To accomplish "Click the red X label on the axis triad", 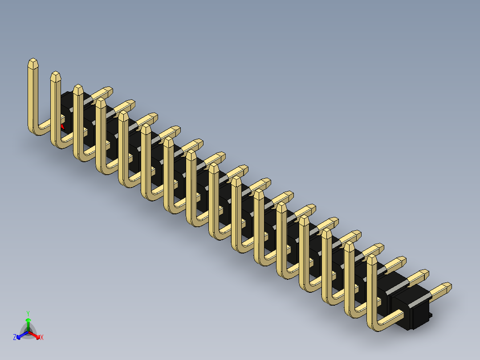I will point(42,338).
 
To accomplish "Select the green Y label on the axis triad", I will point(28,313).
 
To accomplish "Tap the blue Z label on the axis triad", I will point(15,338).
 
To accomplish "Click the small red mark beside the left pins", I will point(62,126).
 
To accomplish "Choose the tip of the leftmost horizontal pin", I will point(107,90).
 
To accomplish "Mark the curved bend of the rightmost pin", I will point(374,325).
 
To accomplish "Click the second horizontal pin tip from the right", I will point(424,274).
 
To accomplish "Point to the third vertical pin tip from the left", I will point(78,89).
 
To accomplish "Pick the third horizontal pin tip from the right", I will point(402,261).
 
